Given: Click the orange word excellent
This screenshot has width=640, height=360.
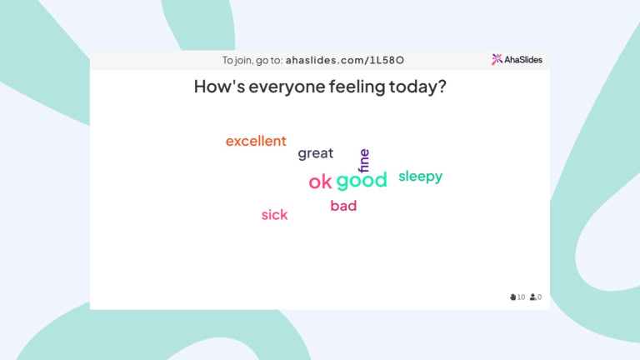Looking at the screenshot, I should [x=256, y=142].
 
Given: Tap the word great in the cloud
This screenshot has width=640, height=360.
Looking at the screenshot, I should [x=315, y=153].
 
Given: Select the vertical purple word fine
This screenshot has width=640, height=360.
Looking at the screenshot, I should [x=363, y=160].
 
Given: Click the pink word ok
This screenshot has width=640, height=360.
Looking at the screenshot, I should [x=320, y=182].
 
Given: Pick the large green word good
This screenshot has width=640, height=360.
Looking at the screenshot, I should [x=362, y=181].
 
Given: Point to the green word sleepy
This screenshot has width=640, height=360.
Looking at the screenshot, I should [x=420, y=177].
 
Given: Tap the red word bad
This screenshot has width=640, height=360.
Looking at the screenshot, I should [x=343, y=206].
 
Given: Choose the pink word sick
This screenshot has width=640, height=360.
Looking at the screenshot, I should [x=274, y=215].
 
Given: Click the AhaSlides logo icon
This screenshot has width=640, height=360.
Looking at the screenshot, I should [x=497, y=59].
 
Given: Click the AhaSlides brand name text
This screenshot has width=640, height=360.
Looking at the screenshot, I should [x=522, y=59].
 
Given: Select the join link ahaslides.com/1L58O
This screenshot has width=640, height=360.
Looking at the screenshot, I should [x=345, y=60].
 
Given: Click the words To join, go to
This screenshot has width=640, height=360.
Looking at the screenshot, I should [x=252, y=60].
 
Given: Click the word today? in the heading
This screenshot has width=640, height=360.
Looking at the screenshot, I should [x=417, y=87].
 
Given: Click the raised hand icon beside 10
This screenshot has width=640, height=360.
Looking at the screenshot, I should [x=512, y=297].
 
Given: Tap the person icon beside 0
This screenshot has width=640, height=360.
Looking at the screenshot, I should [x=532, y=297].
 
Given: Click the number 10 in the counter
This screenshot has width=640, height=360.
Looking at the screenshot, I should [x=521, y=297].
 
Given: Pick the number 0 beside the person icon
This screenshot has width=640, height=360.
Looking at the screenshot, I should [x=540, y=297].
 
